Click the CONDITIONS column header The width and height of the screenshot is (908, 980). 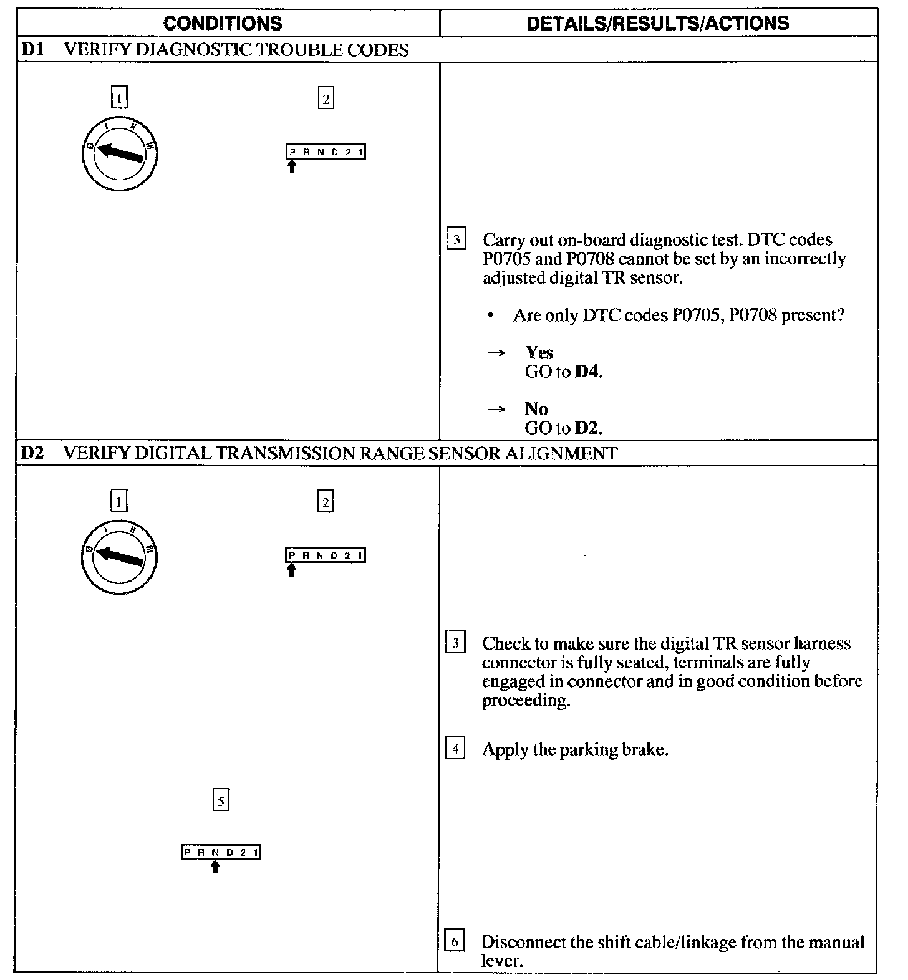coord(223,24)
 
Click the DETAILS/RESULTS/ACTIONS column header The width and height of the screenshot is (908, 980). coord(657,24)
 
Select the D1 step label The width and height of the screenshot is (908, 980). coord(32,50)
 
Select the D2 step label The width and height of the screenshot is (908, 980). coord(32,453)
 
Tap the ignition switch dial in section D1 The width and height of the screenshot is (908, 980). coord(119,153)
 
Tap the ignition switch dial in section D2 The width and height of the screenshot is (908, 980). coord(118,557)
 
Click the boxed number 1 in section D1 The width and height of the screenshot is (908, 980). coord(119,98)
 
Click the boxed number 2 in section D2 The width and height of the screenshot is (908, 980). coord(325,502)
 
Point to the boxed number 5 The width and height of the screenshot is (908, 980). coord(221,800)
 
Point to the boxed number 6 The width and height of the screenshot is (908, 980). coord(455,942)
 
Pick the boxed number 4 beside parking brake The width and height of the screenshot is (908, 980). coord(455,749)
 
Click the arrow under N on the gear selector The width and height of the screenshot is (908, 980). coord(215,866)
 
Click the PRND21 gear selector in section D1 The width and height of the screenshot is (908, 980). coord(326,152)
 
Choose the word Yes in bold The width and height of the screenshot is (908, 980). coord(539,353)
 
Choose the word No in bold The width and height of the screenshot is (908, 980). coord(536,409)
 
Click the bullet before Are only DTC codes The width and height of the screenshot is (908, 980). coord(491,316)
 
